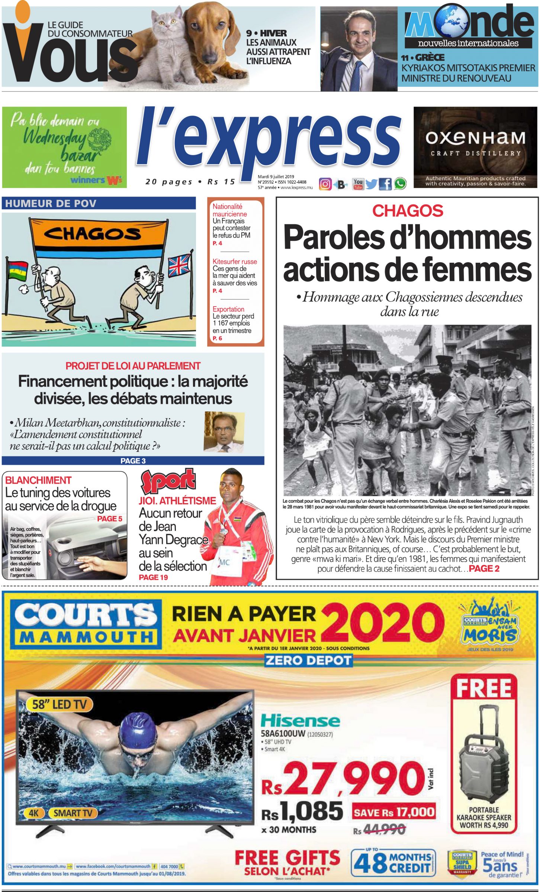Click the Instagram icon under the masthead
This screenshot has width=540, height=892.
325,184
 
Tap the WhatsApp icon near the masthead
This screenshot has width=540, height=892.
400,184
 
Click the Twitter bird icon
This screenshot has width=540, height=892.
371,184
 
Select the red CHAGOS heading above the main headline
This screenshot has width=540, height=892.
408,211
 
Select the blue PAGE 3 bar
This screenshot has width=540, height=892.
133,461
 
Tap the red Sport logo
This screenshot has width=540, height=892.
168,482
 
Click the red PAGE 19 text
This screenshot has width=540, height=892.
153,577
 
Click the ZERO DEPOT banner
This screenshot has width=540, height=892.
308,660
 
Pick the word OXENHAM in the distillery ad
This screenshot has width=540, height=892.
475,138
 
